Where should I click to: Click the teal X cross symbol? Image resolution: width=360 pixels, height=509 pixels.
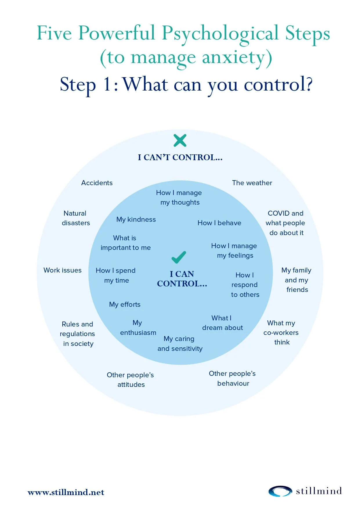(180, 140)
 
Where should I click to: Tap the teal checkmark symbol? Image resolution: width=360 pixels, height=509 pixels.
(179, 257)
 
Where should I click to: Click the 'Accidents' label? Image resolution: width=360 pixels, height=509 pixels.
(97, 183)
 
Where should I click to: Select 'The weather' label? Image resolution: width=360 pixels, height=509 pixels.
(252, 183)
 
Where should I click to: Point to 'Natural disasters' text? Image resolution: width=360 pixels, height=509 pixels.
(76, 218)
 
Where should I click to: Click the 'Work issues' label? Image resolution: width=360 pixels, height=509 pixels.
(62, 270)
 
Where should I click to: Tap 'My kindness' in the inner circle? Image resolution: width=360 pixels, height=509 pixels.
(136, 219)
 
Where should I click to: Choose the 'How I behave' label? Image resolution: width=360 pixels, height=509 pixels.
(219, 223)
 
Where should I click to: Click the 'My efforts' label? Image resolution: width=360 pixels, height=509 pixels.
(125, 304)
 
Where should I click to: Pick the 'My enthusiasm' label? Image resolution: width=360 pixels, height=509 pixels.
(138, 328)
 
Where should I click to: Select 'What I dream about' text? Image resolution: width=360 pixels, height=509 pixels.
(222, 323)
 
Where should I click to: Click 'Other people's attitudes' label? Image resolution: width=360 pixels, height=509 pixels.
(131, 380)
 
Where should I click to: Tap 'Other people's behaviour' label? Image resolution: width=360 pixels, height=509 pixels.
(232, 378)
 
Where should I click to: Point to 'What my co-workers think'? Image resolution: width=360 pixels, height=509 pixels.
(281, 333)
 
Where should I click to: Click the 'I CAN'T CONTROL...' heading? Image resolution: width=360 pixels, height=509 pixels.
(180, 157)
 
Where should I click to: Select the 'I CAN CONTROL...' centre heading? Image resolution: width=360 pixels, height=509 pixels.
(182, 279)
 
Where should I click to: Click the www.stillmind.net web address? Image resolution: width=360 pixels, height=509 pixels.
(66, 492)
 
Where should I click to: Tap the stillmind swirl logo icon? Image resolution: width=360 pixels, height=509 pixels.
(280, 491)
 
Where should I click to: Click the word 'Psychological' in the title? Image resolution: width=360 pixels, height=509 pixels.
(220, 34)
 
